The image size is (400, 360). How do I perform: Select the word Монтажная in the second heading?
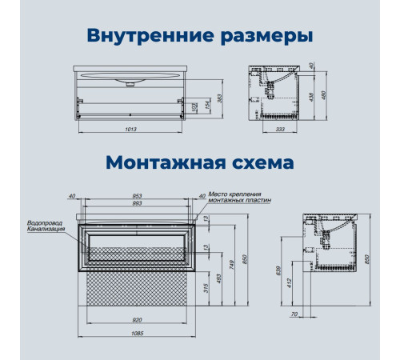[166, 162]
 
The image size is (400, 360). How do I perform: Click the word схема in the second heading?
[263, 162]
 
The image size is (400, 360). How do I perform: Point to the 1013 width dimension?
[130, 129]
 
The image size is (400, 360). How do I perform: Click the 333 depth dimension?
[280, 129]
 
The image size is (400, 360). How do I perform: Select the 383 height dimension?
[220, 98]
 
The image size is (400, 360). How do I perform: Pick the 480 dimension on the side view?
[324, 95]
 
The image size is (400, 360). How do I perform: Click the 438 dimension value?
[311, 97]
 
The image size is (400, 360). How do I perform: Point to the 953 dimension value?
[138, 196]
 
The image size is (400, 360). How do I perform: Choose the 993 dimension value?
[138, 203]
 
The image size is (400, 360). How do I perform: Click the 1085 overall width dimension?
[138, 333]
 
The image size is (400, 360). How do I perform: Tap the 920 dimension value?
[138, 320]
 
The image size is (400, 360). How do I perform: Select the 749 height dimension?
[231, 265]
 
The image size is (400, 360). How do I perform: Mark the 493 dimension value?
[218, 278]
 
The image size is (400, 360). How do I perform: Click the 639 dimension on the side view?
[279, 270]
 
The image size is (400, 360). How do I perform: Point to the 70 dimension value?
[294, 314]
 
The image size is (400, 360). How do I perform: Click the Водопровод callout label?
[45, 223]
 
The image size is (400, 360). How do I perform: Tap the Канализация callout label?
[46, 229]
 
